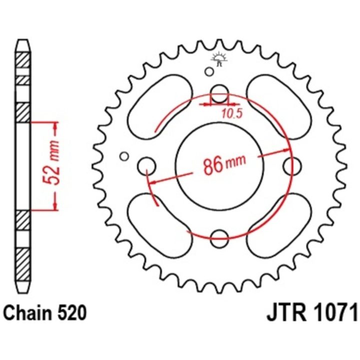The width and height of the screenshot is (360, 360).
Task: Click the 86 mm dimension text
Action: click(224, 164)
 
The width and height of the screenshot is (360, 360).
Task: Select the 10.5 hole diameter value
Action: click(232, 113)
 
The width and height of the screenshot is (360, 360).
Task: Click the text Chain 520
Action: click(45, 312)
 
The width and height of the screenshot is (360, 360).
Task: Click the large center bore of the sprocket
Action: click(219, 166)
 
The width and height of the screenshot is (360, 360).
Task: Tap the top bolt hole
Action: click(219, 93)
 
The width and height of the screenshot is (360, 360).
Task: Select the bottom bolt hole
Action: click(219, 239)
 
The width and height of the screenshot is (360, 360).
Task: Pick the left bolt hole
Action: click(146, 166)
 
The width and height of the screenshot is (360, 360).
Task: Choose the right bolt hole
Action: click(292, 166)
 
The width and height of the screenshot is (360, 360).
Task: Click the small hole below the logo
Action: click(209, 71)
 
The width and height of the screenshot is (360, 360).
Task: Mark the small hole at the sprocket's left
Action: click(124, 156)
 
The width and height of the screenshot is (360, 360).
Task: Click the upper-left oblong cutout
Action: click(160, 106)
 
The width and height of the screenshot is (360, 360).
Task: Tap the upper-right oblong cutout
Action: click(279, 106)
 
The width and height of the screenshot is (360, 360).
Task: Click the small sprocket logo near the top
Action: click(219, 58)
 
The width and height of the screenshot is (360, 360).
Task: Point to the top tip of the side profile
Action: click(23, 39)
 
